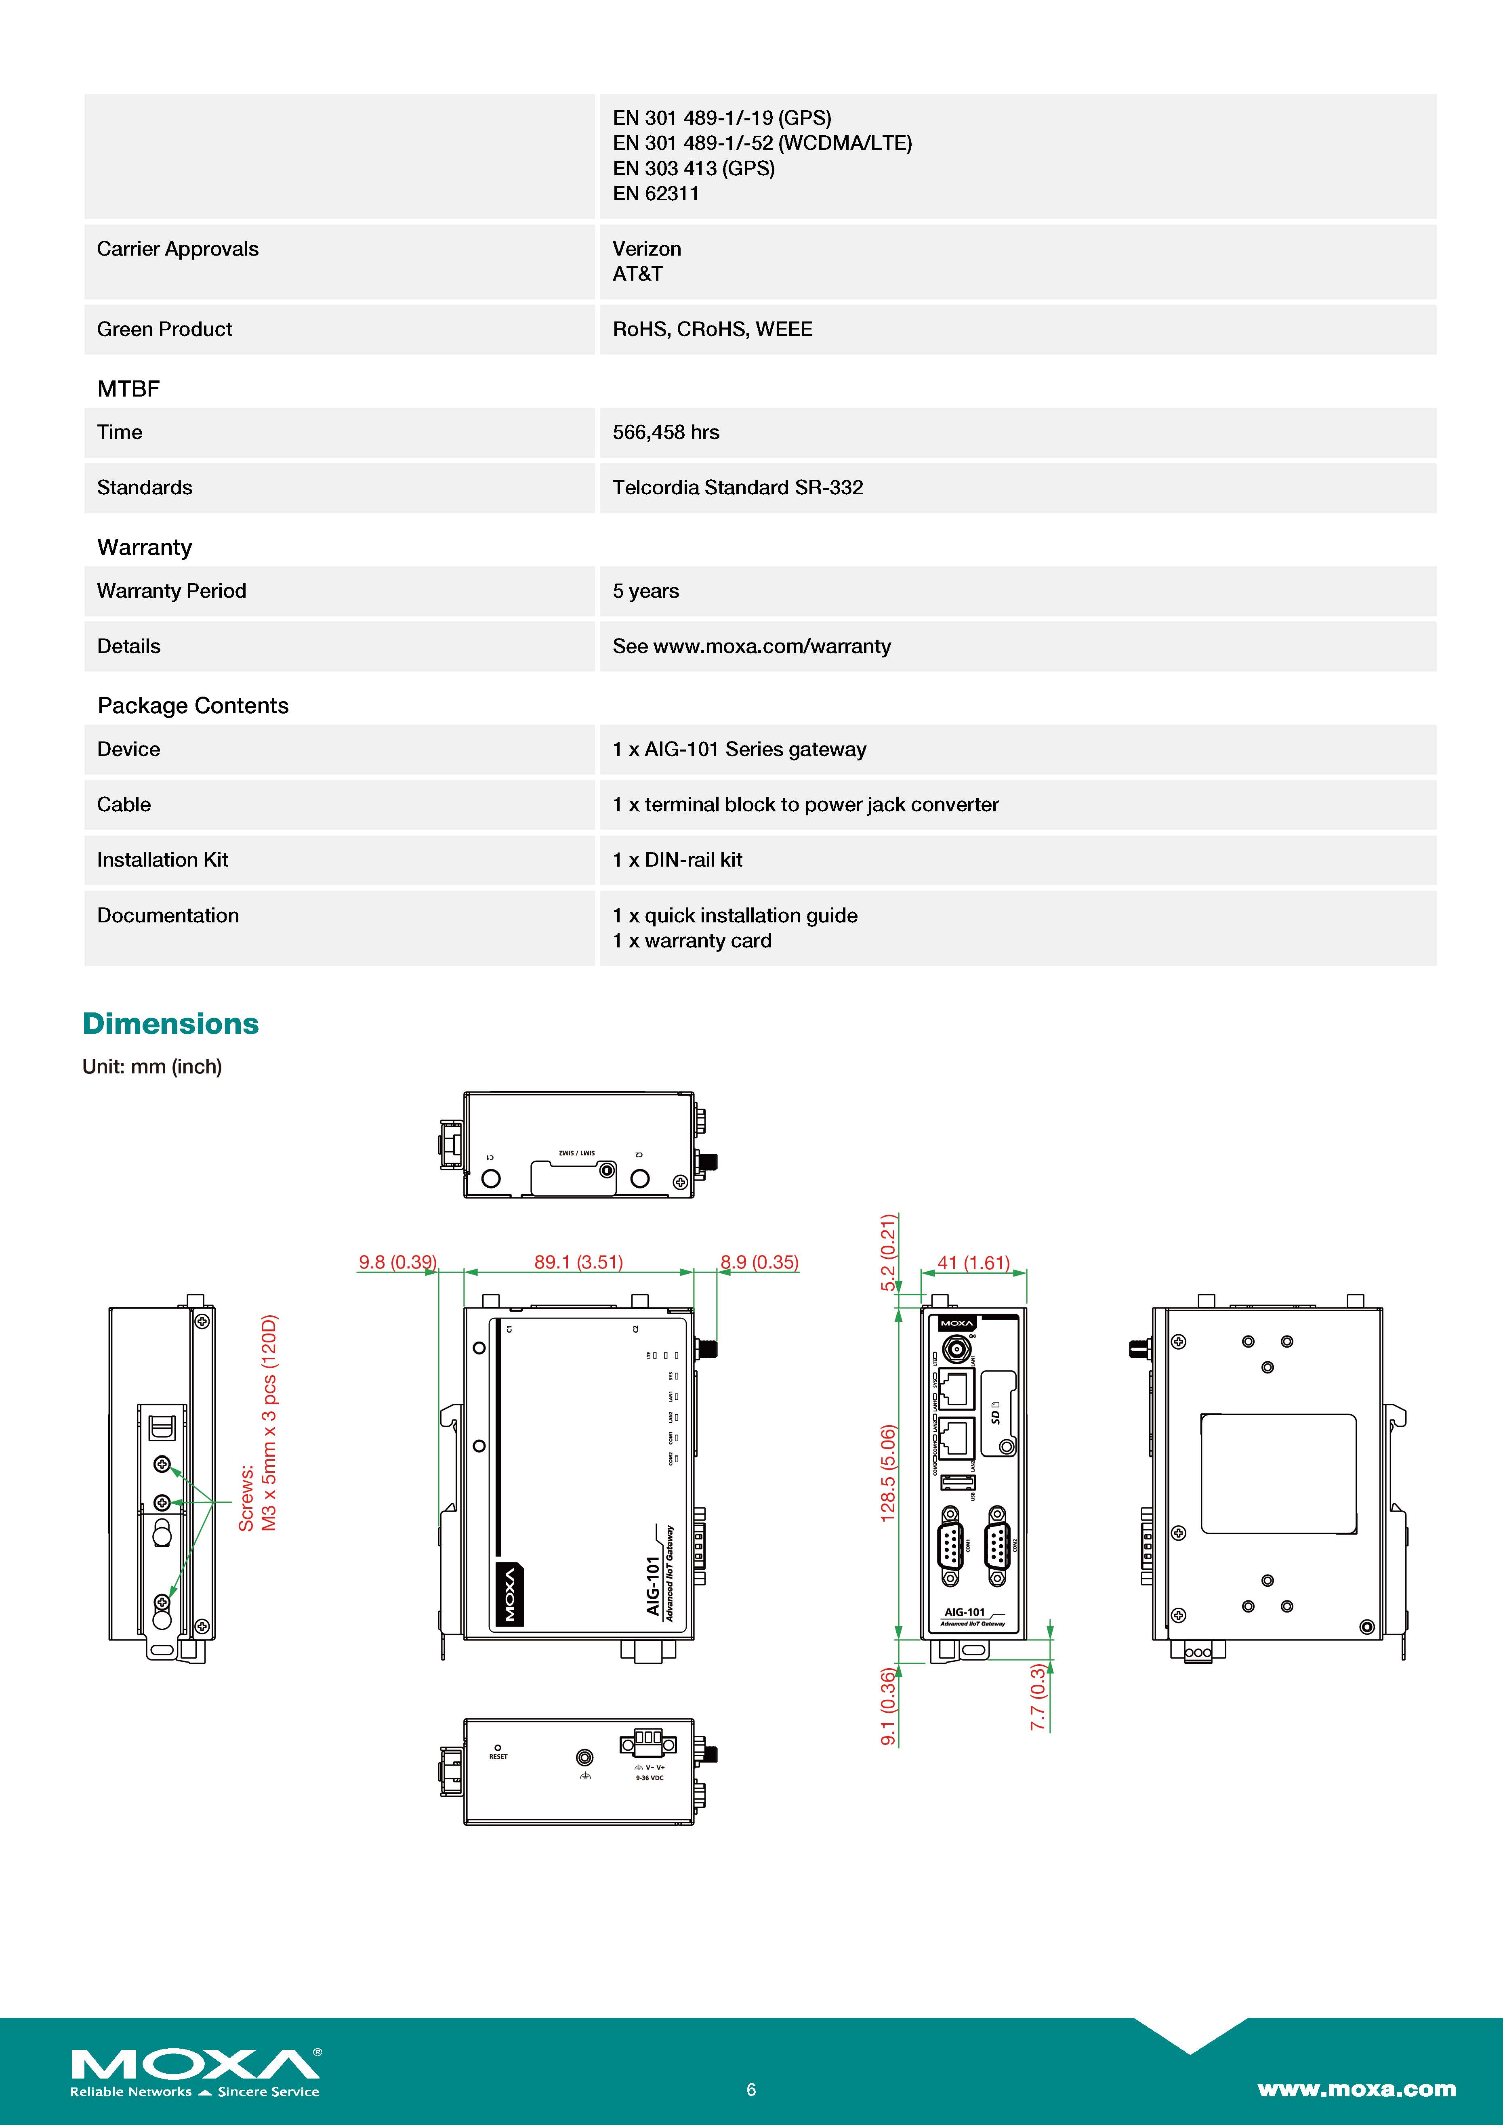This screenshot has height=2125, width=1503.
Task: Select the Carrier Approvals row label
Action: click(x=178, y=249)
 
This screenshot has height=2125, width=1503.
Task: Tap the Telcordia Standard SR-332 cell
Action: click(x=738, y=488)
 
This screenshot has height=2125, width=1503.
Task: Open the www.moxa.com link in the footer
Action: click(x=1356, y=2089)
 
